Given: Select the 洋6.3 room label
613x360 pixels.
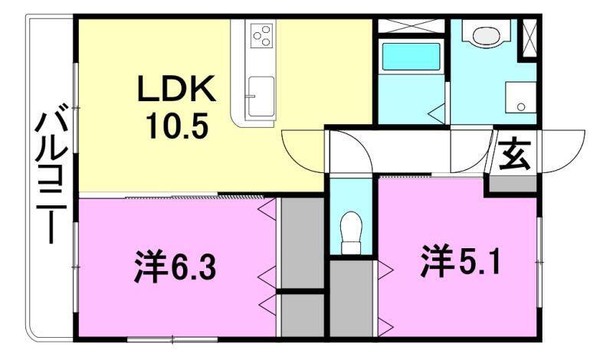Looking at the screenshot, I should point(179,268).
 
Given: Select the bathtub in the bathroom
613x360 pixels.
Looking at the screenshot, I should point(411,57).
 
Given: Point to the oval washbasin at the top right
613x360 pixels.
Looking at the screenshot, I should point(485,34).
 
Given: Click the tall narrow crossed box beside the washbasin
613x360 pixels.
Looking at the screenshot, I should point(528,39).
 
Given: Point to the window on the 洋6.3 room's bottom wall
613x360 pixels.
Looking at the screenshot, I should point(153,338).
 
